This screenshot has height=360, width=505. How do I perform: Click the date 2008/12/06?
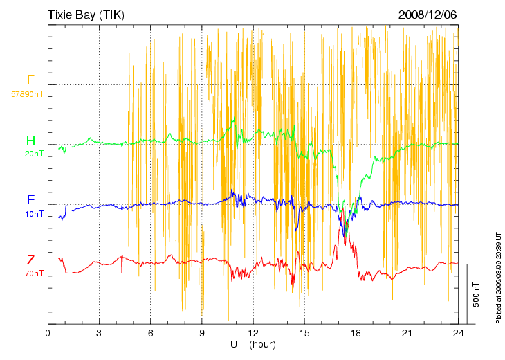[428, 15]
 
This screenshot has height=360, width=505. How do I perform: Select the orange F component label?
[30, 80]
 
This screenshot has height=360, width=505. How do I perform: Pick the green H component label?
[30, 141]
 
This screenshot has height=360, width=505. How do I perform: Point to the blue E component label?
[30, 200]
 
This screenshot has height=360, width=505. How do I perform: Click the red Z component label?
[30, 260]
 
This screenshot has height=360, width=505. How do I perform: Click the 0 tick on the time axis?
[48, 334]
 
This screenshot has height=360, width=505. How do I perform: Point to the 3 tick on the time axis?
[99, 334]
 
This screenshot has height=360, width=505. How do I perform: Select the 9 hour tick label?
[202, 334]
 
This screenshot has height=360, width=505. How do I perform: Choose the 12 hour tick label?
[253, 334]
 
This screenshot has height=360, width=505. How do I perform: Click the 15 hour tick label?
[304, 334]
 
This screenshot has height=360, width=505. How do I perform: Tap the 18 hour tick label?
[356, 334]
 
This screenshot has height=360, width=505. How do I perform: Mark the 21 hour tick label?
[407, 334]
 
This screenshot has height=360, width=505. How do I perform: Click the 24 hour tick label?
[459, 334]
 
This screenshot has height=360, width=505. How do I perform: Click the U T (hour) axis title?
[253, 344]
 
